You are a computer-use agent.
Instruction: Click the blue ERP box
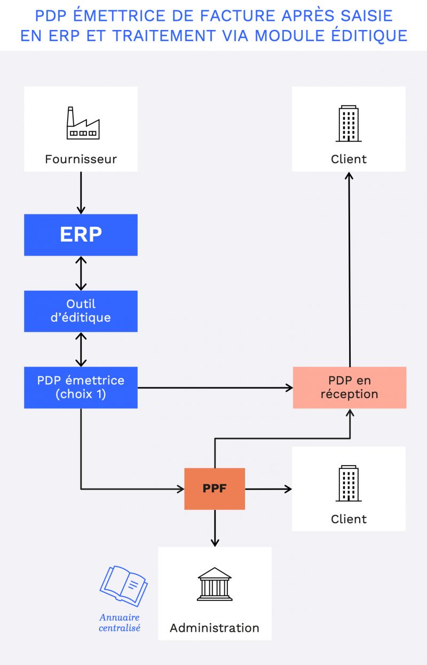(x=81, y=235)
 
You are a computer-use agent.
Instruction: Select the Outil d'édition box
(x=81, y=311)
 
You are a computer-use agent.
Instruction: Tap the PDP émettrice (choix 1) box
(x=81, y=388)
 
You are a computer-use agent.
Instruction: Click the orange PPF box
(x=215, y=489)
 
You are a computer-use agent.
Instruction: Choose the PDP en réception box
(x=350, y=388)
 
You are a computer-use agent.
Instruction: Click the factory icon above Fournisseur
(x=82, y=123)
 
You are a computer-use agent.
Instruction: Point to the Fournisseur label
(x=81, y=159)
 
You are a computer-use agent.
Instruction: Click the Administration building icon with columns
(x=215, y=584)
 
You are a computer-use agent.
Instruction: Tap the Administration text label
(x=215, y=628)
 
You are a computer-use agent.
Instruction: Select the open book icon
(x=124, y=586)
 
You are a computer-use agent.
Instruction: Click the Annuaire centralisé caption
(x=120, y=623)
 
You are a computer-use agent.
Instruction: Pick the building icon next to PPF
(x=349, y=483)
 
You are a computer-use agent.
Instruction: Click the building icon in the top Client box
(x=349, y=123)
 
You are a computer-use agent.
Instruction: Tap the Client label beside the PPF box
(x=349, y=519)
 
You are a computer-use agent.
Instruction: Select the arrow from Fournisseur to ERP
(x=81, y=192)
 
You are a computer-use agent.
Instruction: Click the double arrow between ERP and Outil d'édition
(x=81, y=273)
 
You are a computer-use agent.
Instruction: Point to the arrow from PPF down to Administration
(x=215, y=528)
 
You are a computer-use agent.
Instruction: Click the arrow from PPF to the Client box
(x=268, y=489)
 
